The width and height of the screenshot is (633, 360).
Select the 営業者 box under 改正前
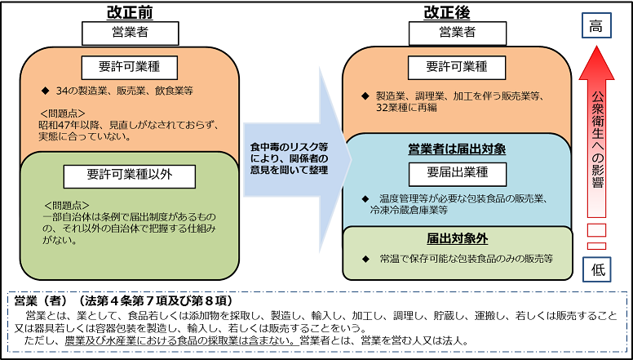coord(130,33)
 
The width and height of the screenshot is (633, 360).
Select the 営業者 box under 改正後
coord(457,33)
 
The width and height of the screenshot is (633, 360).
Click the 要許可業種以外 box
coord(130,173)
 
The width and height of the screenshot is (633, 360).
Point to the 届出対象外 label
coord(457,239)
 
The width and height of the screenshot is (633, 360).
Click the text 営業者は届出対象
coord(457,149)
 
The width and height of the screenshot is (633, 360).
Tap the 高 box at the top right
coord(596,27)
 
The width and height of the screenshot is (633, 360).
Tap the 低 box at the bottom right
coord(596,267)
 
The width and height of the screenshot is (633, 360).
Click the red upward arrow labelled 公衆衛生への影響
coord(596,139)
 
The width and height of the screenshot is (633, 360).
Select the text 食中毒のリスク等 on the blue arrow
coord(282,146)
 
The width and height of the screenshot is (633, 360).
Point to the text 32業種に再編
coord(409,107)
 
